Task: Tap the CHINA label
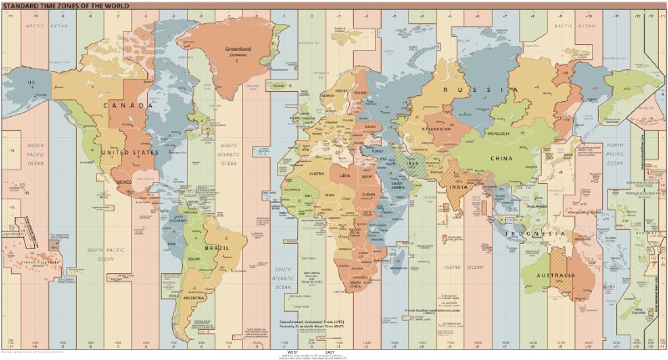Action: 501,159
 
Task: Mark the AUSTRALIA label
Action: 560,275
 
